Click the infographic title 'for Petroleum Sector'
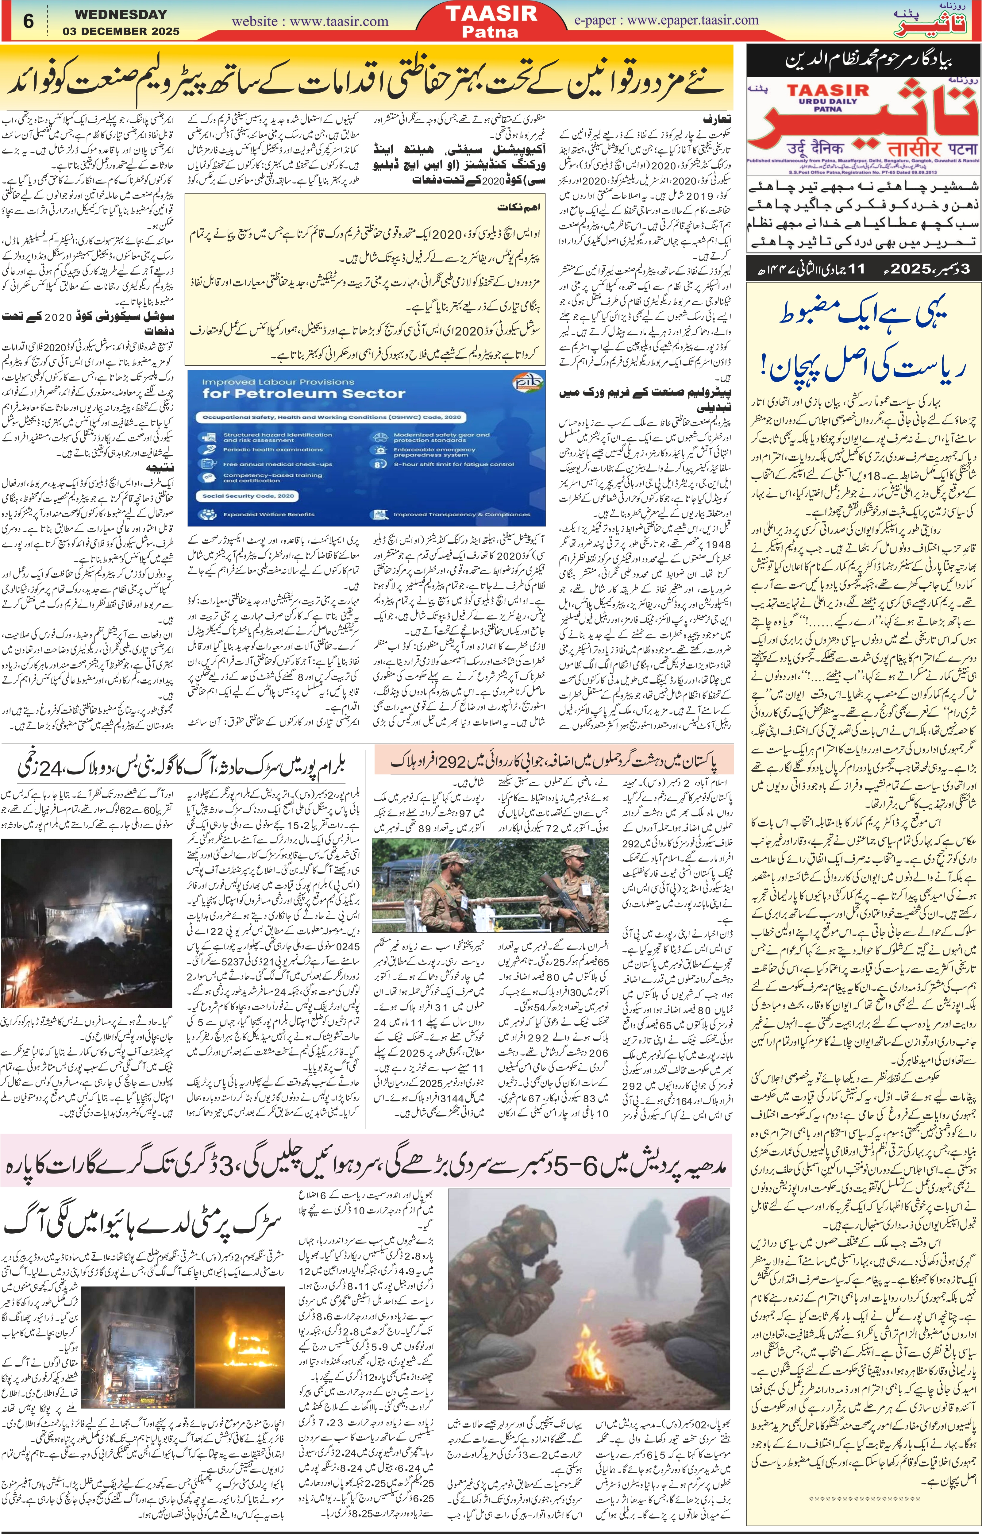click(295, 393)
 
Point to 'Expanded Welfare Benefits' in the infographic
click(268, 514)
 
